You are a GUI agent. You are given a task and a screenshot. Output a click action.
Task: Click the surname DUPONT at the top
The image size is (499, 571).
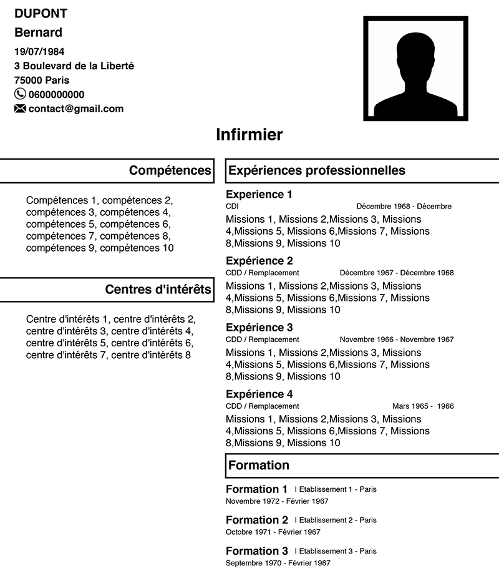coord(41,14)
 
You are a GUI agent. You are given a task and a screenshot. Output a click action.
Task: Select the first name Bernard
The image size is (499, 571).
coord(38,32)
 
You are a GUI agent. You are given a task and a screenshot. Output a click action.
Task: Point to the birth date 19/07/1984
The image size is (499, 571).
coord(39,52)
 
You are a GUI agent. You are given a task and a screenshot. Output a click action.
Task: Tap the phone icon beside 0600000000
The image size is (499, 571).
coord(20,94)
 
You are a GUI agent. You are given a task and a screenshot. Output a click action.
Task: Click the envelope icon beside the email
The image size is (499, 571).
coord(20,109)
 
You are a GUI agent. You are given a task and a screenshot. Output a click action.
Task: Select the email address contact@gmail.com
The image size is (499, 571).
coord(76,109)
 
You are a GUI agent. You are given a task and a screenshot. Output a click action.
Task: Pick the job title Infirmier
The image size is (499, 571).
coord(249,134)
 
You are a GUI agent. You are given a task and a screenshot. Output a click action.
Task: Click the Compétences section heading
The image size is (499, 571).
coord(170,170)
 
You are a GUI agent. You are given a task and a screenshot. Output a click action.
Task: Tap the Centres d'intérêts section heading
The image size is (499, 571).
coord(158,289)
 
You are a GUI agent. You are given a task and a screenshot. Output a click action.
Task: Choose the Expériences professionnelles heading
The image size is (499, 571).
coord(317,170)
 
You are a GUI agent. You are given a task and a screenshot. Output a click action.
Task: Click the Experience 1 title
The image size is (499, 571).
coord(259,194)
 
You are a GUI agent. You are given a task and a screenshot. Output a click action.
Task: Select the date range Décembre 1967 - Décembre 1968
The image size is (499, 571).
coord(397,273)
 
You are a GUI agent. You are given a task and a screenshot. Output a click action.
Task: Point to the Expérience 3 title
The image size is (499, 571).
coord(259,328)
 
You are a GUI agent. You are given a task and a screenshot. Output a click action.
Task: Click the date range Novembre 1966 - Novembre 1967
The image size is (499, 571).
coord(397,339)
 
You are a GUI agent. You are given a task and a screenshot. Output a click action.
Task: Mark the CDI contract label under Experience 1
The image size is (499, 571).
coord(232,206)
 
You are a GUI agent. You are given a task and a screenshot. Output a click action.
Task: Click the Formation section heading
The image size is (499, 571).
coord(259,465)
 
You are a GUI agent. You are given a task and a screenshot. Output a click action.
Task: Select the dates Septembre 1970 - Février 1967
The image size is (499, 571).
coord(278,563)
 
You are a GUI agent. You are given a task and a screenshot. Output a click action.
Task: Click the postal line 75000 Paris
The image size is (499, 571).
coord(42,80)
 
